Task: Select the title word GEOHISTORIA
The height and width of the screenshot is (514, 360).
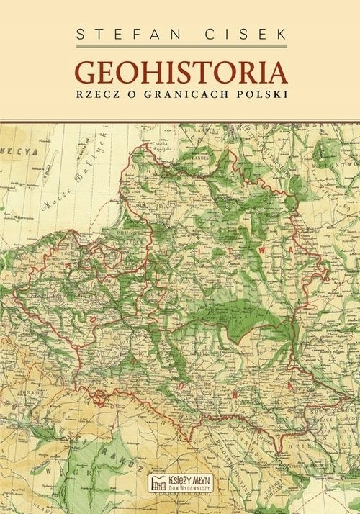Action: [180, 73]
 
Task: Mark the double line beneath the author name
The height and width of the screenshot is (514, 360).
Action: [180, 48]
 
